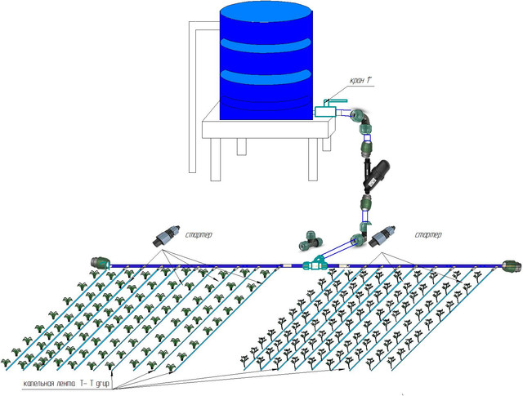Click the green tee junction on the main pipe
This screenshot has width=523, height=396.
pyautogui.click(x=315, y=264)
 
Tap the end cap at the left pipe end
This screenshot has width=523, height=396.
pyautogui.click(x=98, y=263)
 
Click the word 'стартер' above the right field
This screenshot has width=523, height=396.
pyautogui.click(x=427, y=236)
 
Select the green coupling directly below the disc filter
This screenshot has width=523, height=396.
pyautogui.click(x=365, y=203)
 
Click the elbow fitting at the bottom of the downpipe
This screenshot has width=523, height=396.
pyautogui.click(x=358, y=242)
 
